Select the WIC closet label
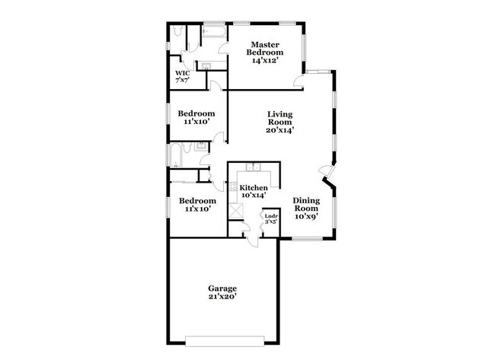pos(182,74)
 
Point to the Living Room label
pos(279,118)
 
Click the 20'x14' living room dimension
pos(279,130)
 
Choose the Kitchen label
pos(254,187)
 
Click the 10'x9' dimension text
pos(306,217)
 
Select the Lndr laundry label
pos(270,217)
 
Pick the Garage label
pos(222,288)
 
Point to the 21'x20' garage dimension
pos(222,298)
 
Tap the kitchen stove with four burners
pos(234,187)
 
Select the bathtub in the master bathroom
pos(214,31)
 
